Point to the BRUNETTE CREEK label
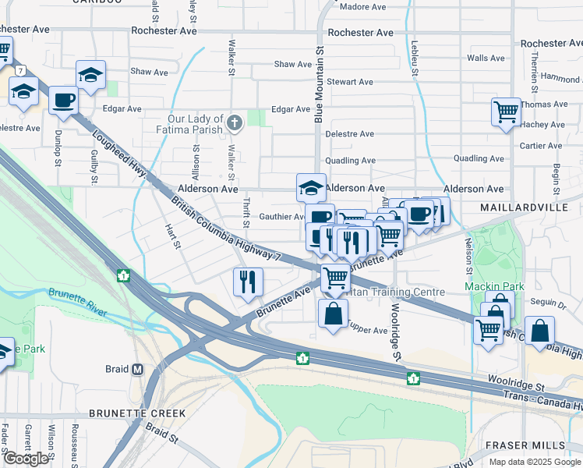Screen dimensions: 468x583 (x=137, y=413)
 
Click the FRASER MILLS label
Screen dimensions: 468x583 (x=525, y=445)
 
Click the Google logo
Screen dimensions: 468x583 (x=26, y=459)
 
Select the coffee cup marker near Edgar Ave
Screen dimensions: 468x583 (x=63, y=101)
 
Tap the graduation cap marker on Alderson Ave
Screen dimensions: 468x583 (x=310, y=188)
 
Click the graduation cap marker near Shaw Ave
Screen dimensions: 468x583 (x=90, y=76)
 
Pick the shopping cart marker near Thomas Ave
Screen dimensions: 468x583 (x=506, y=112)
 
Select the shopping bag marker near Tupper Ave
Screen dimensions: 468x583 (x=333, y=314)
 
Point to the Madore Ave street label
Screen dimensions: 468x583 (x=363, y=7)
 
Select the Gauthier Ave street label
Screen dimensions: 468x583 (x=281, y=217)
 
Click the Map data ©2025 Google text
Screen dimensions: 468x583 (x=534, y=461)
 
